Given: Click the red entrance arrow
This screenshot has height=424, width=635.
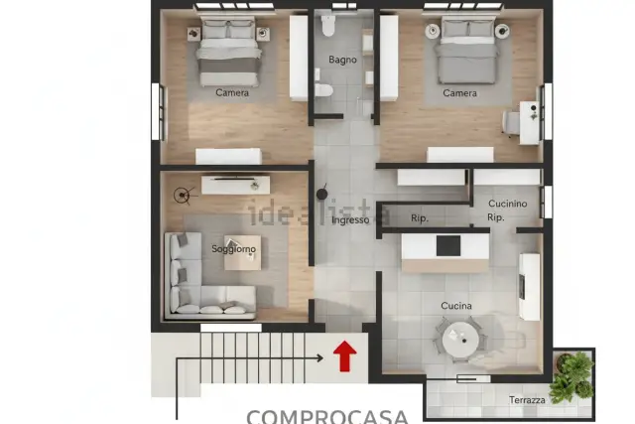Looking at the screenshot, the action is click(x=344, y=355).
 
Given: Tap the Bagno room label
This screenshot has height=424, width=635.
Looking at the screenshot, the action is click(x=342, y=60).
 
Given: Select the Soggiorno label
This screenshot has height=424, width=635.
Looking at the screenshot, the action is click(x=234, y=249).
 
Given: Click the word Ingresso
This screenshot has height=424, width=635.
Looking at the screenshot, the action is click(x=350, y=220).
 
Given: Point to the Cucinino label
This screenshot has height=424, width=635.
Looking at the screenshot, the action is click(x=507, y=204).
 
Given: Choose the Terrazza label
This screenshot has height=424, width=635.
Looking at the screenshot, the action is click(x=527, y=400).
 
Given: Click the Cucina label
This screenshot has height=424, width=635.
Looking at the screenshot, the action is click(x=456, y=306).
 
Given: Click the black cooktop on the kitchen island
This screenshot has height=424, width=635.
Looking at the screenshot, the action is click(x=448, y=246).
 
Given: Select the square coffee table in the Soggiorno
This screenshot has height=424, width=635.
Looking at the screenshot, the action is click(x=242, y=252).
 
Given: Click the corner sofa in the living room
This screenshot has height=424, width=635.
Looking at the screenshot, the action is click(x=202, y=280).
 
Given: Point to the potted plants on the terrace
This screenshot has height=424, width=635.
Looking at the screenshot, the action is click(x=572, y=376).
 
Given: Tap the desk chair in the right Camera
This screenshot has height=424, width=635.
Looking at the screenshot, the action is click(x=511, y=122).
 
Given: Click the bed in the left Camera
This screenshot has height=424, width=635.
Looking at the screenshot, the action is click(x=228, y=52).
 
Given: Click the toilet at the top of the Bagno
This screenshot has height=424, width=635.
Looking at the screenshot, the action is click(x=327, y=26).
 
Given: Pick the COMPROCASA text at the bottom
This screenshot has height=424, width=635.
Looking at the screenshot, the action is click(x=327, y=416).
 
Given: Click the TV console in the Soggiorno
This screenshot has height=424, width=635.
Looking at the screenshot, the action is click(x=236, y=185).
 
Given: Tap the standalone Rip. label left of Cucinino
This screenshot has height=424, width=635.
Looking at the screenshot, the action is click(x=420, y=218).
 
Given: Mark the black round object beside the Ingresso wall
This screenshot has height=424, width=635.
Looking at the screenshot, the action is click(x=321, y=195).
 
